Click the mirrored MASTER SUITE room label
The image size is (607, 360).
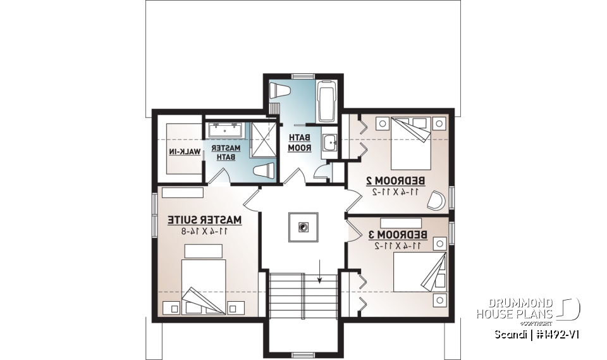pyautogui.click(x=205, y=220)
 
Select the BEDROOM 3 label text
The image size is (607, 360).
pyautogui.click(x=398, y=235)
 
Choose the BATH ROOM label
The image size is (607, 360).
pyautogui.click(x=297, y=142)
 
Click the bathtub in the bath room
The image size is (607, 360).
pyautogui.click(x=326, y=101)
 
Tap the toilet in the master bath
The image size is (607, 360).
pyautogui.click(x=264, y=171)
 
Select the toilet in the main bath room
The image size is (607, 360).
pyautogui.click(x=279, y=90)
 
